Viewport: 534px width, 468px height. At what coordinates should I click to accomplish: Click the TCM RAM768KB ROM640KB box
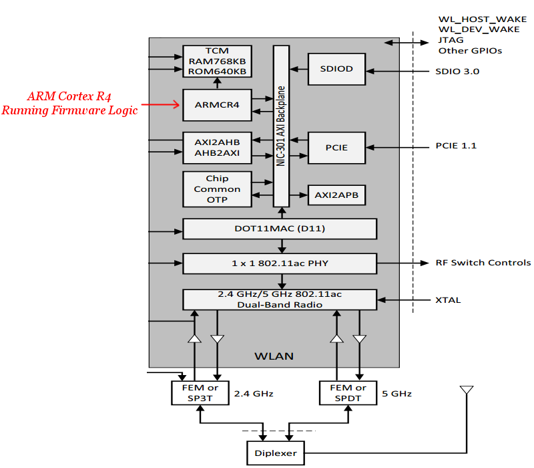(x=217, y=61)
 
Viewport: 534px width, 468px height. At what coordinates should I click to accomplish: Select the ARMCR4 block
(x=217, y=105)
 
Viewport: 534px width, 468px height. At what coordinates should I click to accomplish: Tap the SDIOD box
(x=336, y=69)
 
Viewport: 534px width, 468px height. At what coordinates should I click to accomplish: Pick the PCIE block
(x=336, y=147)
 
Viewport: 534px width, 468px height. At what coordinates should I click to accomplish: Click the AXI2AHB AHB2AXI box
(x=217, y=147)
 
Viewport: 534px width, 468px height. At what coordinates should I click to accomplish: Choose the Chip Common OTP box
(x=217, y=189)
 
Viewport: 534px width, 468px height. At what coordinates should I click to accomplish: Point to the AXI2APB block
(x=336, y=195)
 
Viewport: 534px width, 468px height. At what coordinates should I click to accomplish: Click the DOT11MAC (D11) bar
(x=280, y=229)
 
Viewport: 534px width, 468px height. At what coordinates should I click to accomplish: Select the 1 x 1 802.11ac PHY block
(x=280, y=263)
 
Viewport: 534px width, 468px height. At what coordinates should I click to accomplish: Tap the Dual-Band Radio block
(x=280, y=300)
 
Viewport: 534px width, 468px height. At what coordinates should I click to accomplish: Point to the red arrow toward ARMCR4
(x=164, y=104)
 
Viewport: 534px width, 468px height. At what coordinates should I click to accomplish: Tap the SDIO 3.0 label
(x=457, y=71)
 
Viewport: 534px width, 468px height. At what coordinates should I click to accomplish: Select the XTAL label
(x=448, y=300)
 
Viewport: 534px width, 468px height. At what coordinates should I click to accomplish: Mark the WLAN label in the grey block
(x=274, y=356)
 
